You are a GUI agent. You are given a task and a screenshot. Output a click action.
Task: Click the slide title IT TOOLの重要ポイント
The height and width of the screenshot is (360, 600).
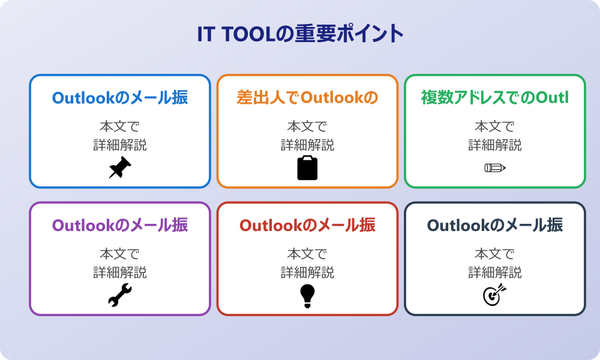[300, 34]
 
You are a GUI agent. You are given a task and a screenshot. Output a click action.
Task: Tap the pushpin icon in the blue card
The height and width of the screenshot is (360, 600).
[119, 168]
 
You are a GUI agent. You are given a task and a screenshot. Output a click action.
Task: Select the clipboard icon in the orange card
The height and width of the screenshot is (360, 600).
[307, 168]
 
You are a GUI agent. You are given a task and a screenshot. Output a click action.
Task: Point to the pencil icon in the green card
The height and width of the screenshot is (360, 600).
[495, 167]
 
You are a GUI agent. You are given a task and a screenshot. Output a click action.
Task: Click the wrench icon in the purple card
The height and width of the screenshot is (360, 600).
[119, 296]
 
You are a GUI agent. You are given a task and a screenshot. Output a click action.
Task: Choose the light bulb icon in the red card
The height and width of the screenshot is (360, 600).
[307, 296]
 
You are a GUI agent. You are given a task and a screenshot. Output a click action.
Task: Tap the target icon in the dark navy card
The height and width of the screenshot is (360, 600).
[495, 296]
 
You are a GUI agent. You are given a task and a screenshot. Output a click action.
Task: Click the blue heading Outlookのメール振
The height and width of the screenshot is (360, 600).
[120, 97]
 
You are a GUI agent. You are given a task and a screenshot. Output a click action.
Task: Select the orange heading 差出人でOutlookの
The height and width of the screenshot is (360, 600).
[307, 97]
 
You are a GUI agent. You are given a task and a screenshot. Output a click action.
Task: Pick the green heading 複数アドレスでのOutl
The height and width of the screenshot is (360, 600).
[495, 97]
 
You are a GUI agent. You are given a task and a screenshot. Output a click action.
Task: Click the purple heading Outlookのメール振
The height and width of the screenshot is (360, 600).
[120, 225]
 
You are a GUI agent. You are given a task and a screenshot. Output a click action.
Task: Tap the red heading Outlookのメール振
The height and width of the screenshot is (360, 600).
[307, 225]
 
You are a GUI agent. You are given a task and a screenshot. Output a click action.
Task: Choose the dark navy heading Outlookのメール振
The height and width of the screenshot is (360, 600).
[495, 225]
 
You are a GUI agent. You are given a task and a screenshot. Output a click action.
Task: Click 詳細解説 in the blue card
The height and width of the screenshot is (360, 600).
[120, 145]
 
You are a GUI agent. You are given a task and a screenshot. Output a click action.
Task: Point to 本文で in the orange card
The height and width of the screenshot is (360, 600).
[307, 127]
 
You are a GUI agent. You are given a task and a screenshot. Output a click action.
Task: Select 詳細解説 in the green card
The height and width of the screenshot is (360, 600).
[495, 145]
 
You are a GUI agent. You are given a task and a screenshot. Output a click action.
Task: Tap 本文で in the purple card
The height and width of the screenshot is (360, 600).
[120, 254]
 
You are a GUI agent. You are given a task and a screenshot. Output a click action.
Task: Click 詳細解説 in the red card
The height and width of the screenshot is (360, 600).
[307, 272]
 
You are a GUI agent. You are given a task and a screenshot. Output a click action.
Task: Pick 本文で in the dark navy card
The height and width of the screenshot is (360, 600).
[495, 254]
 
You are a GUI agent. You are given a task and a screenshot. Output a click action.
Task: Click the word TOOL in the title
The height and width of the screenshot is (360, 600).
[246, 34]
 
